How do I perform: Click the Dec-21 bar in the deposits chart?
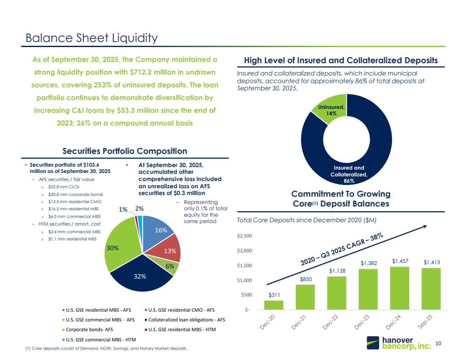pos(305,297)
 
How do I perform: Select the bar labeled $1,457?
pos(399,289)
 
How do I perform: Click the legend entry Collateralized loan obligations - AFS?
pos(186,320)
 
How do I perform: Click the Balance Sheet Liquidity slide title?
pos(92,38)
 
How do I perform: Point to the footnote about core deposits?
pos(106,349)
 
